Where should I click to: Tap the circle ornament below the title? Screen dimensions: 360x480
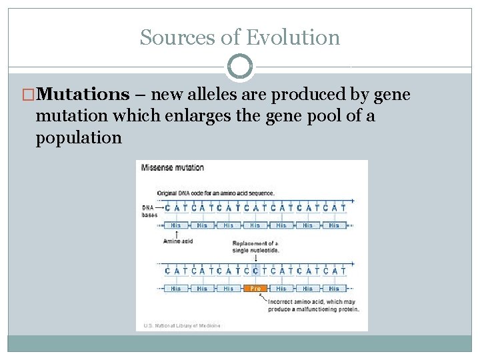coord(240,67)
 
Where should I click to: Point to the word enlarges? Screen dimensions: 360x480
coord(197,116)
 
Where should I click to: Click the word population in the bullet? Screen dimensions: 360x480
coord(79,138)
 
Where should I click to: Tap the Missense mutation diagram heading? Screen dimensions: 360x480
coord(173,167)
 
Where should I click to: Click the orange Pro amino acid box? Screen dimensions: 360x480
coord(255,289)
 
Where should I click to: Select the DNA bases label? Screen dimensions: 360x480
coord(149,211)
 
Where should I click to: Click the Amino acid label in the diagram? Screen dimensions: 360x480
coord(177,241)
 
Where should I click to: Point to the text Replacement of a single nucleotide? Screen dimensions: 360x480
coord(255,247)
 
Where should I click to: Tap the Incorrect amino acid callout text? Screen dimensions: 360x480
coord(313,305)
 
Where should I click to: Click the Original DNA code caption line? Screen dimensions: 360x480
coord(216,193)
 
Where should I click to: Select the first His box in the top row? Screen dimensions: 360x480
coord(175,225)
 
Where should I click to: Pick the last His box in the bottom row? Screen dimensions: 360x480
coord(334,289)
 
